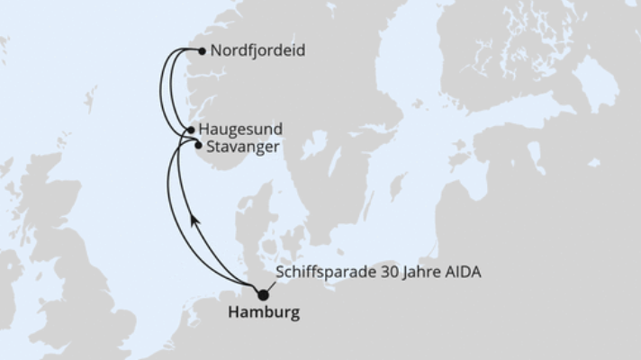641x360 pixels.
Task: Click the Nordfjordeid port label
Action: (x=257, y=51)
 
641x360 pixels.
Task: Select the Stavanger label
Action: (x=242, y=146)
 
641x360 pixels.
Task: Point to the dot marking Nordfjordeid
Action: (x=201, y=51)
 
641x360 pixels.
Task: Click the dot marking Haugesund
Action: (x=191, y=130)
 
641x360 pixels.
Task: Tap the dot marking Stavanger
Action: (x=198, y=144)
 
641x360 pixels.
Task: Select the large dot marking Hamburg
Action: (x=263, y=294)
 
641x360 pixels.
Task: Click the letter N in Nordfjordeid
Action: (x=214, y=51)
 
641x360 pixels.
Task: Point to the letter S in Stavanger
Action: (x=210, y=146)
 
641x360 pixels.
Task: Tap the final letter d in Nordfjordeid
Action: (x=300, y=51)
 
